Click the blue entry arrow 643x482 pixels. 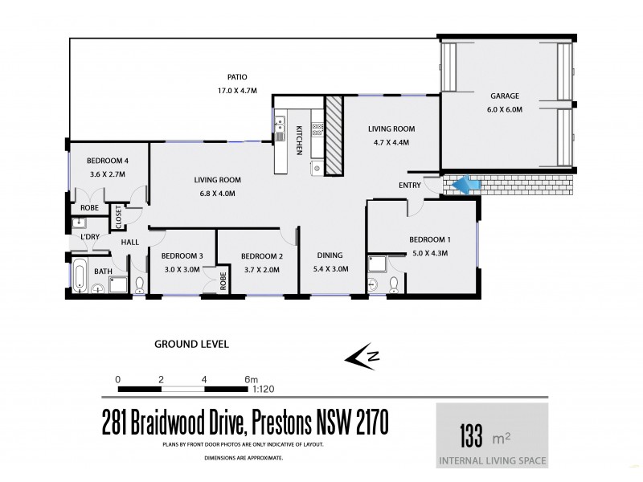(463, 186)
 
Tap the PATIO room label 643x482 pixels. (236, 77)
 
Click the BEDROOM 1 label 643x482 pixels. (429, 239)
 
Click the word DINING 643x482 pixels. (330, 256)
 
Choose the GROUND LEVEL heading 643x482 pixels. (191, 344)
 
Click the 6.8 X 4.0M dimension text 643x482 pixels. (218, 193)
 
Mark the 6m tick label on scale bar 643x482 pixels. (251, 378)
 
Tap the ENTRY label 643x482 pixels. (409, 186)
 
